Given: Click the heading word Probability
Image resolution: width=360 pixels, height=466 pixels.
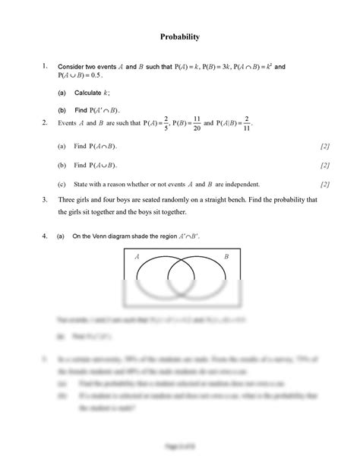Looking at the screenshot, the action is (179, 36).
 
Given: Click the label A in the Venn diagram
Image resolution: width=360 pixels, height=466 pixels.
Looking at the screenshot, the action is (137, 257).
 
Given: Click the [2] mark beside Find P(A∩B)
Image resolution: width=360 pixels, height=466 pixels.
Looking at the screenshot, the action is (324, 144).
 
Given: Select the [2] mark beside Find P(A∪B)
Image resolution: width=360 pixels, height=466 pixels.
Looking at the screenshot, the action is (324, 164).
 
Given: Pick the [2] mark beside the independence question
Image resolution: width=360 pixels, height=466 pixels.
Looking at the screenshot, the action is (324, 183).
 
